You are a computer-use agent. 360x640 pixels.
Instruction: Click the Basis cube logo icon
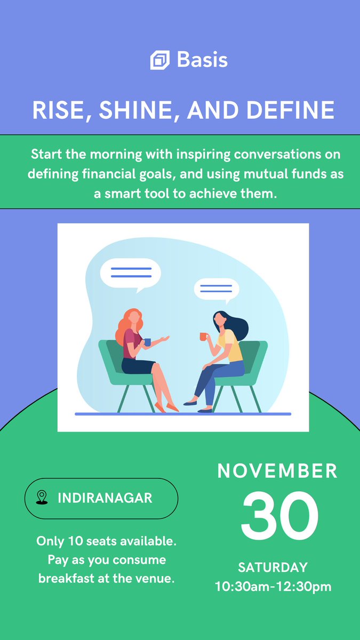point(159,60)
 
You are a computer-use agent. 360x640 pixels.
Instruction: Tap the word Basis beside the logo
point(202,60)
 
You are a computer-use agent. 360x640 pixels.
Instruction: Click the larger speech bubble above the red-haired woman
point(131,273)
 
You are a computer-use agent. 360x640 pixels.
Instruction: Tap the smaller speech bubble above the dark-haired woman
point(216,289)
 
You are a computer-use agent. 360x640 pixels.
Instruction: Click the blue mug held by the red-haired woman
point(147,342)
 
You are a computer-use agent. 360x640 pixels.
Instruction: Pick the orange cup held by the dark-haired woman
point(203,336)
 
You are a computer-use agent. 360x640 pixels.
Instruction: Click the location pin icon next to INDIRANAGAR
point(41,498)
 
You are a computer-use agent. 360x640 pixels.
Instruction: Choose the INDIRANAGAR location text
point(105,498)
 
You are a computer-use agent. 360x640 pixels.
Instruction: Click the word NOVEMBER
point(277,471)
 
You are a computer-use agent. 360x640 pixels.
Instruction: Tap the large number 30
point(279,516)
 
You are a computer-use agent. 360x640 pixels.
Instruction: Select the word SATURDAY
point(273,567)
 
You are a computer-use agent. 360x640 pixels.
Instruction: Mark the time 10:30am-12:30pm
point(273,587)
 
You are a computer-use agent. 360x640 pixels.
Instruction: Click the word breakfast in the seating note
point(66,578)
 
